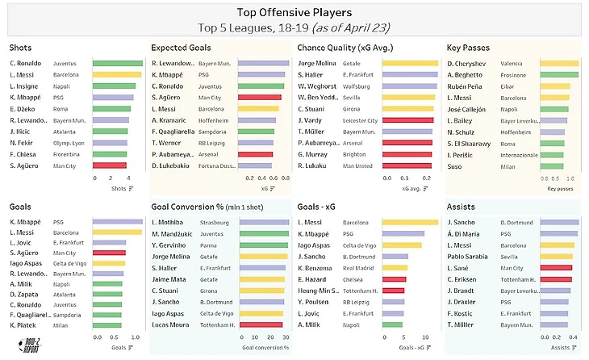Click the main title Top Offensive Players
point(294,12)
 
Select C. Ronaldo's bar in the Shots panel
point(117,63)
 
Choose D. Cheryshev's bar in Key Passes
point(558,63)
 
